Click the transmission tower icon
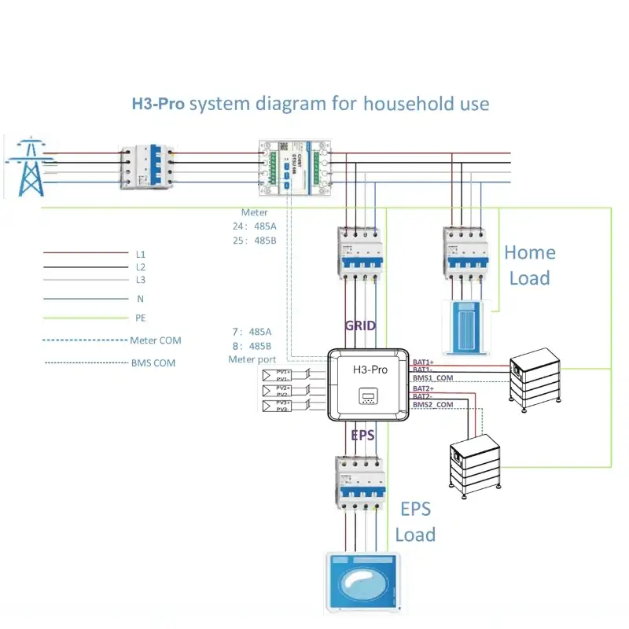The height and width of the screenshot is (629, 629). pos(30,167)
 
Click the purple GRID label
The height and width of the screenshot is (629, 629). pos(361,325)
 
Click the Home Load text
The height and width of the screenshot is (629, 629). pos(529,265)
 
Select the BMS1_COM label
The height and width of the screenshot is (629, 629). pos(432,378)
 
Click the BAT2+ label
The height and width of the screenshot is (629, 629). pos(425,388)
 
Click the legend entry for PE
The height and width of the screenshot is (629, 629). pos(141,318)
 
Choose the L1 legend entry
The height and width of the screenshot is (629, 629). pos(141,255)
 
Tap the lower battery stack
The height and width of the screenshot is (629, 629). pos(475,465)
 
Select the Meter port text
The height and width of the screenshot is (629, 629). pos(252,359)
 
